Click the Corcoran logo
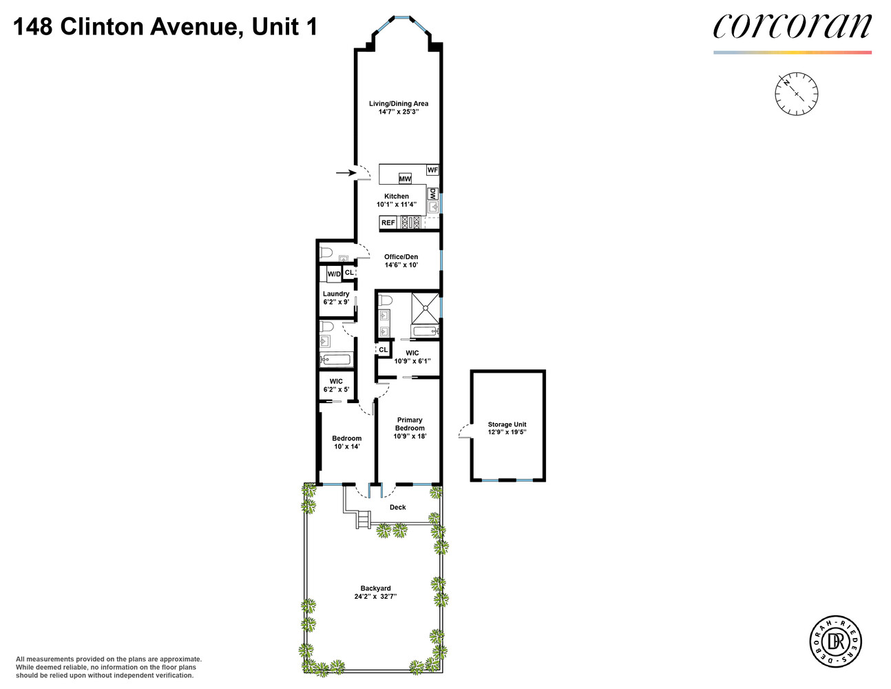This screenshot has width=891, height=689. (792, 28)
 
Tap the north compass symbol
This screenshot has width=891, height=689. (796, 93)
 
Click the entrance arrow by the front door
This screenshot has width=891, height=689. (343, 173)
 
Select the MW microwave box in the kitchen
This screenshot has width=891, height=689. (405, 179)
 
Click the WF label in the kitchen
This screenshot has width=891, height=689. (432, 169)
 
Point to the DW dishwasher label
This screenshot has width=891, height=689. (433, 194)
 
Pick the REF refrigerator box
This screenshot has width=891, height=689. (388, 223)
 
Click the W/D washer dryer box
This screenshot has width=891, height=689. (334, 274)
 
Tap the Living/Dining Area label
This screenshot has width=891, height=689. (398, 104)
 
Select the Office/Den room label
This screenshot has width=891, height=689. (401, 257)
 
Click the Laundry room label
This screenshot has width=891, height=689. (336, 294)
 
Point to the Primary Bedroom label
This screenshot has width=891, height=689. (410, 424)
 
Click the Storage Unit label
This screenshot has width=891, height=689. (507, 424)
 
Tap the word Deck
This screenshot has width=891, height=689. (398, 507)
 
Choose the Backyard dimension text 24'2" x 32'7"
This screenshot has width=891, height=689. (376, 597)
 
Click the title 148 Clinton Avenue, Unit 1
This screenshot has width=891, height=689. (165, 28)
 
